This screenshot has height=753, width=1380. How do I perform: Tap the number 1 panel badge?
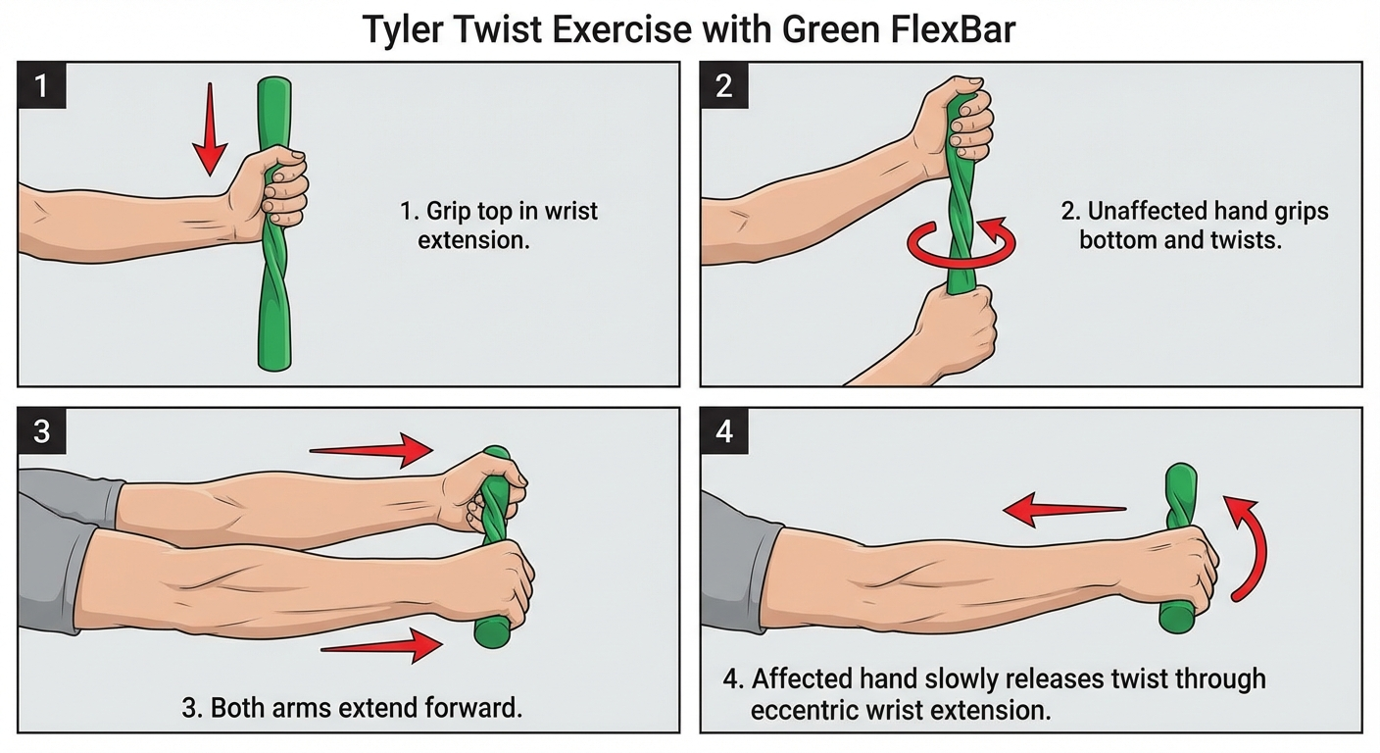point(41,85)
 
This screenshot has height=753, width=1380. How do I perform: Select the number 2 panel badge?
point(724,85)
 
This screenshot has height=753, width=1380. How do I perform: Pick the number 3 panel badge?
point(41,431)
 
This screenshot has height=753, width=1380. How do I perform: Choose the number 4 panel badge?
point(724,431)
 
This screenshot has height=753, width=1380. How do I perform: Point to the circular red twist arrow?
point(961,245)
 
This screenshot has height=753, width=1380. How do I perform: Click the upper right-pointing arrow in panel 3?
point(372,450)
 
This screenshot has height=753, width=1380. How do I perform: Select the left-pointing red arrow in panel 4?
point(1063,509)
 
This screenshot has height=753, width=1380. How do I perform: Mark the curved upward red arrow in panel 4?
point(1249,545)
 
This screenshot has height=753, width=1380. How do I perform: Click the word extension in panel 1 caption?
point(473,240)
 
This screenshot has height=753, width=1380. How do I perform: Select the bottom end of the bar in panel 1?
point(273,358)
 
